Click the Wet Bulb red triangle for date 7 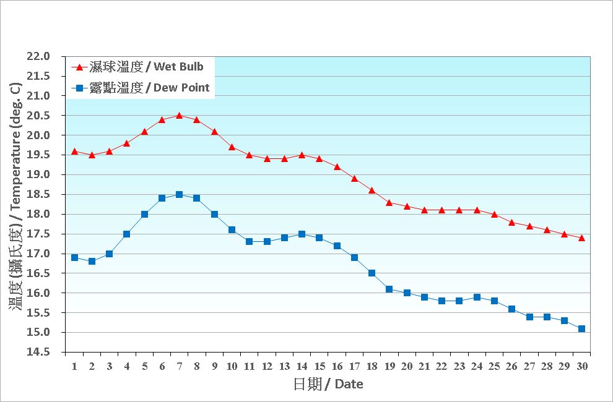[179, 115]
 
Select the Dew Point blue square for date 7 [179, 194]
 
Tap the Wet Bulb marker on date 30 [581, 237]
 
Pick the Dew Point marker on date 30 [581, 328]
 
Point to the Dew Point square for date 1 [74, 257]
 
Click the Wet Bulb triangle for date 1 [74, 151]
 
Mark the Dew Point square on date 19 [389, 289]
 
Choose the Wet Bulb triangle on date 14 [302, 155]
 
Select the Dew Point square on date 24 [477, 297]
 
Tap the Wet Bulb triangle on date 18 [372, 190]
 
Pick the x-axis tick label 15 [319, 366]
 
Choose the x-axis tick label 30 [581, 366]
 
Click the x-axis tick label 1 [74, 366]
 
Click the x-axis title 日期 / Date [328, 384]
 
